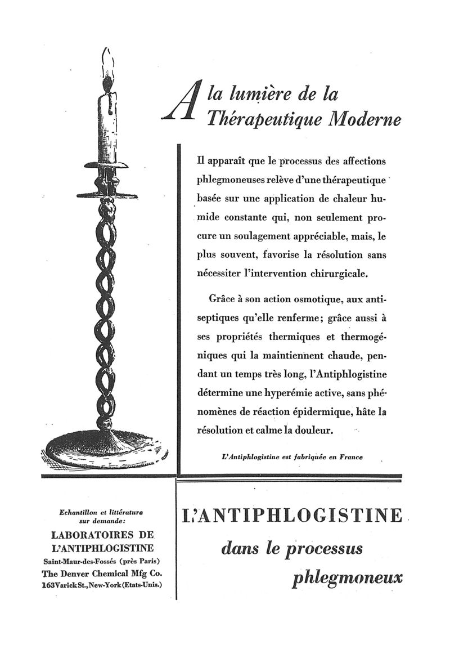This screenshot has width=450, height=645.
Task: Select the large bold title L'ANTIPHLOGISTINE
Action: point(292,516)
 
